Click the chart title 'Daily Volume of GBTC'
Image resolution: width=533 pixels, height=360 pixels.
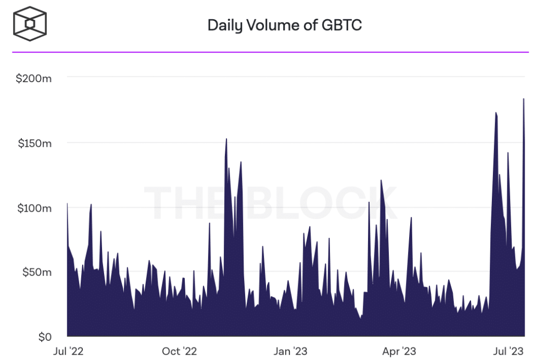[x=284, y=25]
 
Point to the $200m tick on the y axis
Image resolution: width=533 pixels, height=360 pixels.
[x=33, y=79]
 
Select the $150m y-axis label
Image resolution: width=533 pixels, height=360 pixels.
[x=34, y=143]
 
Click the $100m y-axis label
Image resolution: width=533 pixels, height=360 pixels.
[x=34, y=208]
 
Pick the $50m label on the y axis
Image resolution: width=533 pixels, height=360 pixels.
[x=36, y=272]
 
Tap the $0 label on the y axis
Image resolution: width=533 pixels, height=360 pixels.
[x=44, y=337]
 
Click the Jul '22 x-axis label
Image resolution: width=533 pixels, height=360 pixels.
[x=69, y=352]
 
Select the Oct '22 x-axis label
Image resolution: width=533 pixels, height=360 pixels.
[x=179, y=352]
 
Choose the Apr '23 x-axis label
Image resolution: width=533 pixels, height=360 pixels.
[x=399, y=352]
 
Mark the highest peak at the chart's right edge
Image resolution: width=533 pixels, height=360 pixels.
[x=524, y=99]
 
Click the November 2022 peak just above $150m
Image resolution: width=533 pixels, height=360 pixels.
[x=226, y=139]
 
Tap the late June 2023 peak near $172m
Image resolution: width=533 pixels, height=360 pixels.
[x=496, y=113]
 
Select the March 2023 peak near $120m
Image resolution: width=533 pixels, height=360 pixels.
[x=381, y=181]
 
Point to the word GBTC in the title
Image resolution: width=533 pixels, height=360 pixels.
[x=342, y=25]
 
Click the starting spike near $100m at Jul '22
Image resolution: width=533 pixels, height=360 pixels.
[x=68, y=204]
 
